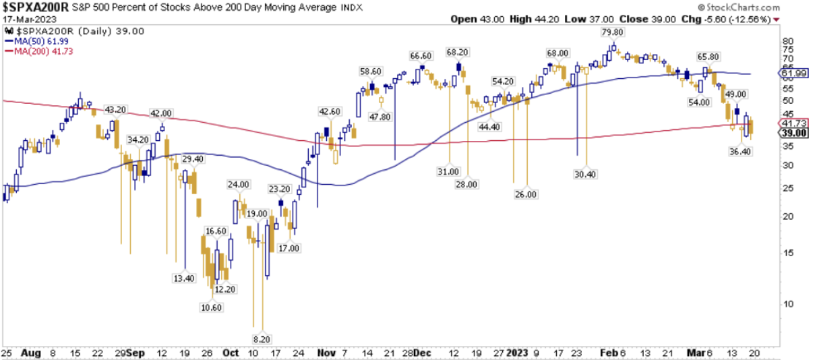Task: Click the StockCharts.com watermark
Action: (762, 6)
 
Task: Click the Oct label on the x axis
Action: (231, 353)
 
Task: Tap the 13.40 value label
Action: (184, 278)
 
